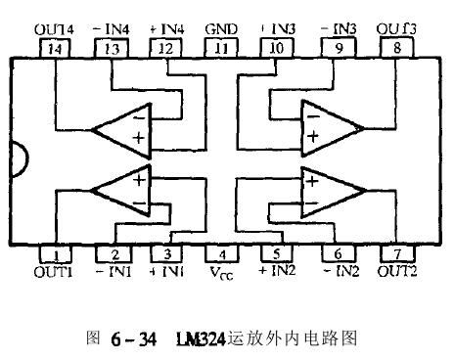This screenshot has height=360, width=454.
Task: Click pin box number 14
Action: (x=58, y=46)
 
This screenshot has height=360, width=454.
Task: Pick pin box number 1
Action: (x=58, y=252)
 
